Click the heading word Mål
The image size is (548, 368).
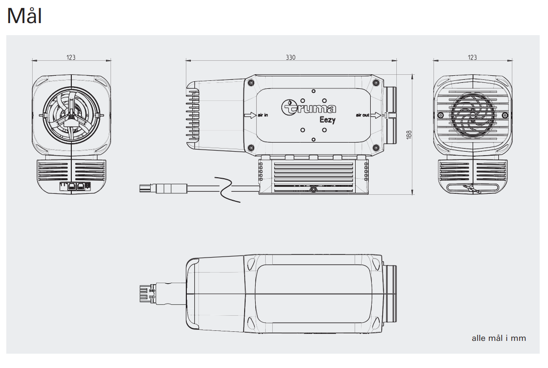(x=25, y=17)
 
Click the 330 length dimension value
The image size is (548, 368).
(x=290, y=57)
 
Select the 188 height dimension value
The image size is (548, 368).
(x=409, y=135)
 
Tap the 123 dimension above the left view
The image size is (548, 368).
(x=71, y=57)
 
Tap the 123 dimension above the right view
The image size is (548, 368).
(x=472, y=57)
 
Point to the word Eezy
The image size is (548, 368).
(x=327, y=119)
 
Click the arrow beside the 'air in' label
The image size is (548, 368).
(x=250, y=115)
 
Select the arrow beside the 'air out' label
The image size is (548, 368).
(x=376, y=115)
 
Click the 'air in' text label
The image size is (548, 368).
(x=263, y=115)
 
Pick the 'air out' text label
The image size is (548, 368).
(x=362, y=115)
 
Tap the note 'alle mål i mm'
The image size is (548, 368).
(x=499, y=338)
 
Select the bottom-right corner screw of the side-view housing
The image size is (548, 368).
(x=376, y=147)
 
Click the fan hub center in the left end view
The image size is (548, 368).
(x=71, y=115)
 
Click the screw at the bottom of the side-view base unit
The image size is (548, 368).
(x=313, y=190)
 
